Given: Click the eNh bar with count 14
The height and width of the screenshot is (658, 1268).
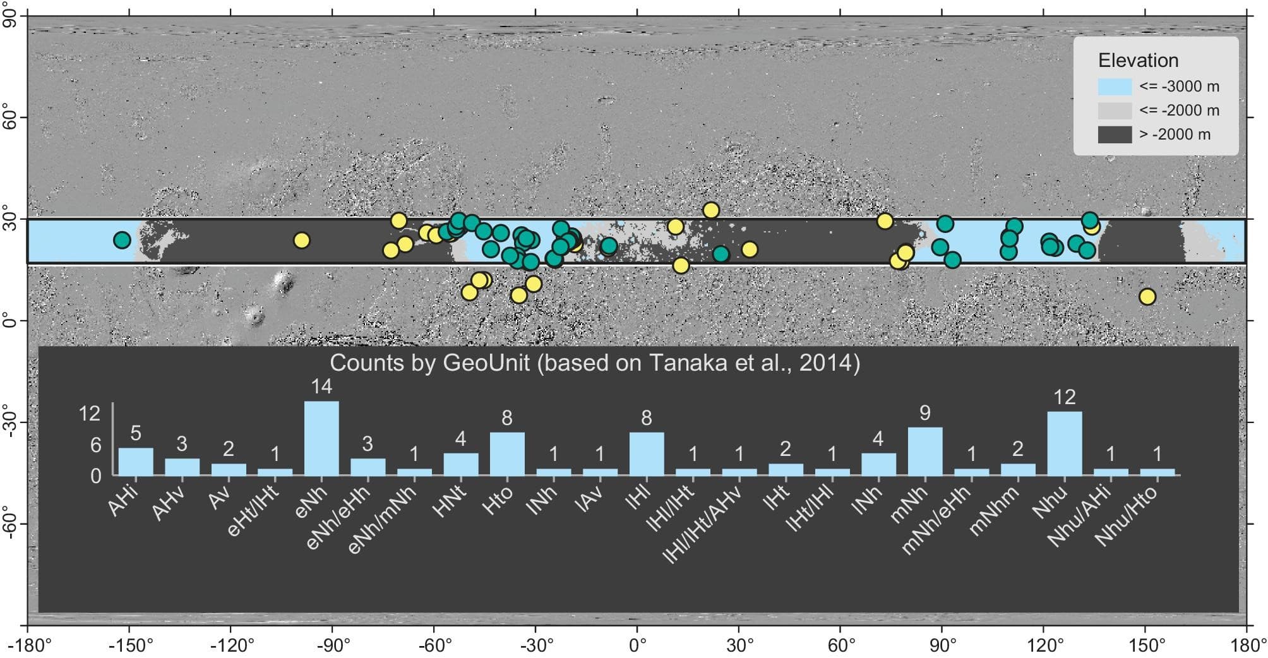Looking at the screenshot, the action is [321, 438].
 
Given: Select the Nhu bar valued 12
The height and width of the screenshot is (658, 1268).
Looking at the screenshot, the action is [1065, 443].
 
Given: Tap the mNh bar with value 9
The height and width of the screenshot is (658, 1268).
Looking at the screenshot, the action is [925, 451].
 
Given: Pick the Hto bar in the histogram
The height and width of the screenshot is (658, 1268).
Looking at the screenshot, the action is [507, 453].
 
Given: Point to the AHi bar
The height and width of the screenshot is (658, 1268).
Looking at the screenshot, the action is [136, 462].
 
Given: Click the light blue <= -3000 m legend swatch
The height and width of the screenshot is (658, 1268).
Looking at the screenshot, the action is [1115, 87].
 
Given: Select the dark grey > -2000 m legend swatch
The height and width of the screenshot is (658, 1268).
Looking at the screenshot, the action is [1115, 135].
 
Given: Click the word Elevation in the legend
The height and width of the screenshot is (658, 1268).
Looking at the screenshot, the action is [1139, 61].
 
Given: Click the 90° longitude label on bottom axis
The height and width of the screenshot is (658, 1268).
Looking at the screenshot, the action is [943, 646].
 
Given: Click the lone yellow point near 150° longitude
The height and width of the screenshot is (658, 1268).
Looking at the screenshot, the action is [1147, 297].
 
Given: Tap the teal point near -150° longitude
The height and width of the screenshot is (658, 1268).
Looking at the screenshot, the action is [122, 240].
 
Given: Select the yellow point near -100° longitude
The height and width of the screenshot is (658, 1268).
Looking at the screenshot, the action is [302, 241].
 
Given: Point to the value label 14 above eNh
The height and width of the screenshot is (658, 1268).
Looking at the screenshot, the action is [321, 386].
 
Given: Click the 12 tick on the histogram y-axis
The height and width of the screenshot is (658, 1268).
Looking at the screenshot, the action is [90, 414].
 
